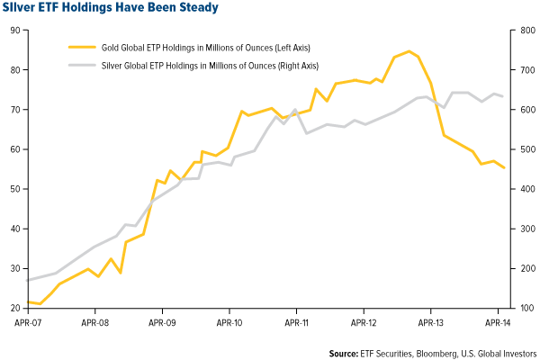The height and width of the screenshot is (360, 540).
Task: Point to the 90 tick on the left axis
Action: click(14, 31)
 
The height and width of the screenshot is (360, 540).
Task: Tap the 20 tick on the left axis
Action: click(14, 308)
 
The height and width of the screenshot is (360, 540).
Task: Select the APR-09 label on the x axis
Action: click(162, 320)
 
